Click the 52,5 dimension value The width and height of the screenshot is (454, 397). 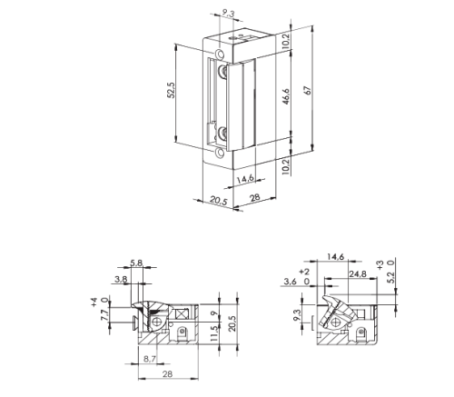coord(172,90)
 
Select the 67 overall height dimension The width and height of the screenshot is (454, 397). coord(308,90)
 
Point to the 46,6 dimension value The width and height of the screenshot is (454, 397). coord(286,96)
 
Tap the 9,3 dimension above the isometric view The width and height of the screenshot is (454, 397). coord(229,13)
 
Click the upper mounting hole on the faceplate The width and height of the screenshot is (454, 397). coord(221,55)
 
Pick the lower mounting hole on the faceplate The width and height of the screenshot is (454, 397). coord(221,153)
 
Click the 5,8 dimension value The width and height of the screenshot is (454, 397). coord(136,263)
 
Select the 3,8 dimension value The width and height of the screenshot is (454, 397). coord(121,279)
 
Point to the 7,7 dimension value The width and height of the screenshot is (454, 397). coord(104,315)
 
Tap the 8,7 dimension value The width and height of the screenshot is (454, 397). coord(150,359)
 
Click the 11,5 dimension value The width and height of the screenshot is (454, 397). coord(213,334)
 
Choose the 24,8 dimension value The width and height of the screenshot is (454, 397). coord(358,274)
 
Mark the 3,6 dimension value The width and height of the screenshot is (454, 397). coord(291,282)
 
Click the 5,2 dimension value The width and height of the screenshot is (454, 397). coord(391,277)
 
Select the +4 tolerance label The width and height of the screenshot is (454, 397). coord(94,302)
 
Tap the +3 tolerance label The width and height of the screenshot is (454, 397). coord(380,265)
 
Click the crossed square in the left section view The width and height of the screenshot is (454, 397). coord(181,313)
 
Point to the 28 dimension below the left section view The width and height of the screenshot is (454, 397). coord(167,374)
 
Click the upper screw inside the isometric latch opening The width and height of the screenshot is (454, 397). coord(223,72)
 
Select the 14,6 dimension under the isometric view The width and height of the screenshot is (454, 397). coord(245,179)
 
